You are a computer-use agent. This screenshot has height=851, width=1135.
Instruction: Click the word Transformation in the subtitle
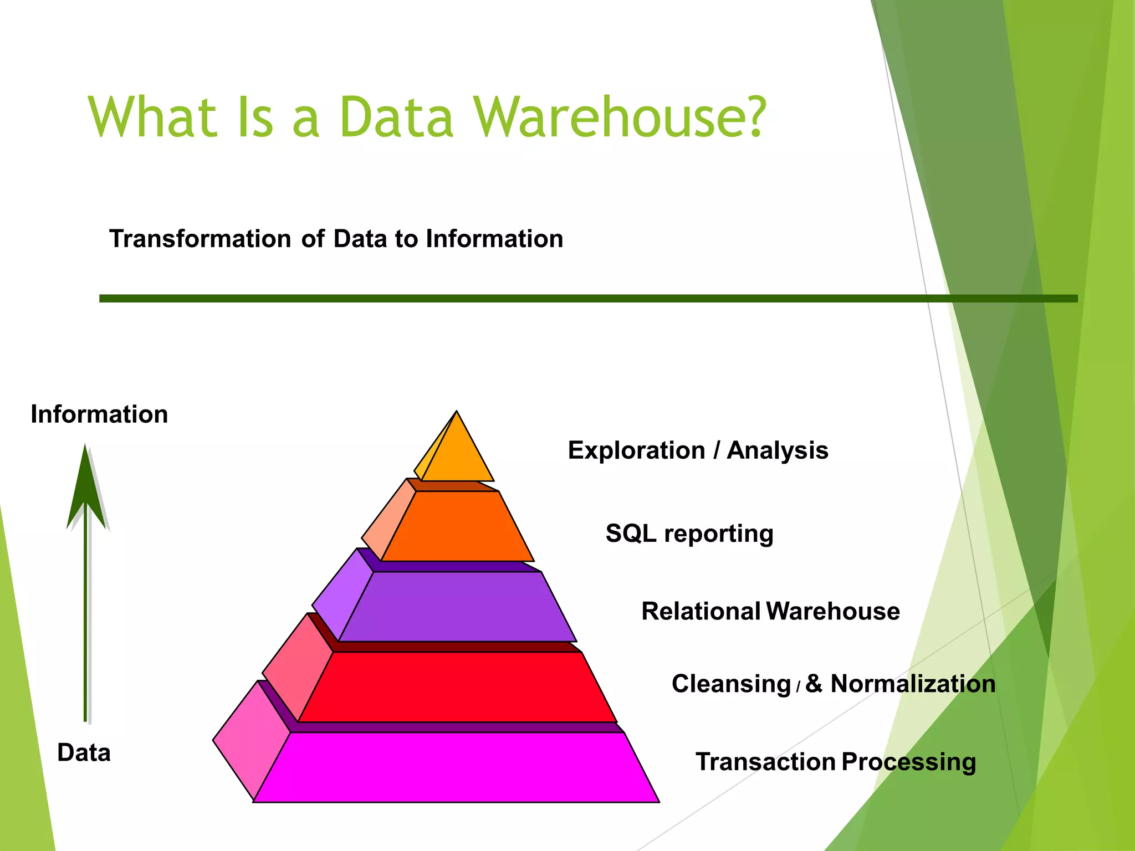[200, 239]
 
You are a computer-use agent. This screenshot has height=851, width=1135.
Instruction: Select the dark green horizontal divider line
[587, 299]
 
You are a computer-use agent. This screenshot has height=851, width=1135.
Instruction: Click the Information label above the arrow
[99, 414]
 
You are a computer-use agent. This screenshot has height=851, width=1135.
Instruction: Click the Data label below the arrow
[84, 753]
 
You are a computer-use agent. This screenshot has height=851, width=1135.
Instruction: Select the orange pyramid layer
[457, 526]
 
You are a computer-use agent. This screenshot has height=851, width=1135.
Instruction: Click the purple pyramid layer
[457, 607]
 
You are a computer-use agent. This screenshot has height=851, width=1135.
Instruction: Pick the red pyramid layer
[457, 687]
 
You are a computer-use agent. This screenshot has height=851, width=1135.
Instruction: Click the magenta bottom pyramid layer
[457, 767]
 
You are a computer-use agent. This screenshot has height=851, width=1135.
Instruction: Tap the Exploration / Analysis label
[698, 450]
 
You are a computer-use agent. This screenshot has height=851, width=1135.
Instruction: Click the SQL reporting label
[689, 534]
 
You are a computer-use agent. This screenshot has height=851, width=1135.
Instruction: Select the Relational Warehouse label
[770, 612]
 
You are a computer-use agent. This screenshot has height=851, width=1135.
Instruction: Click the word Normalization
[913, 684]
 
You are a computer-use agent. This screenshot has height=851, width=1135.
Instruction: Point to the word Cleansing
[731, 684]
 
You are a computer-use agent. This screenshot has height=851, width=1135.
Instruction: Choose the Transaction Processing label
[836, 762]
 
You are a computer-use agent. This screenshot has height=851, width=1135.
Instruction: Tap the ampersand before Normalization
[814, 684]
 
